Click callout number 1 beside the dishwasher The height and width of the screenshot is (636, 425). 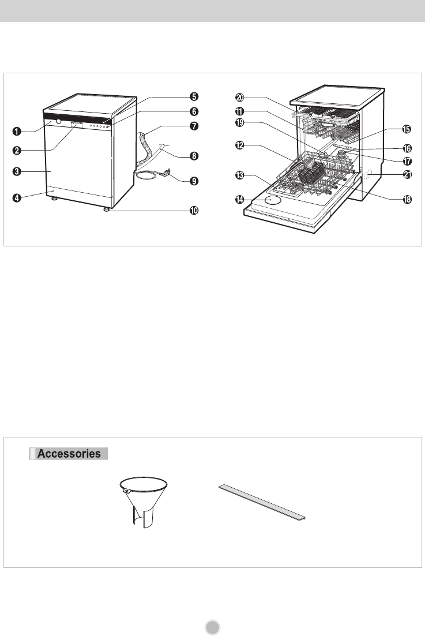pyautogui.click(x=16, y=131)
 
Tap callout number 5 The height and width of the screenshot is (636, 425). pyautogui.click(x=194, y=96)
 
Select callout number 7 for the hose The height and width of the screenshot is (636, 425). pyautogui.click(x=194, y=126)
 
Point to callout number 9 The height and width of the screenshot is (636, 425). pyautogui.click(x=194, y=181)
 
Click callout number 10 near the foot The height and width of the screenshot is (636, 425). pyautogui.click(x=194, y=211)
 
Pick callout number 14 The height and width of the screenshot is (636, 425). pyautogui.click(x=240, y=200)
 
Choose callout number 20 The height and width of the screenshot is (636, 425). pyautogui.click(x=240, y=98)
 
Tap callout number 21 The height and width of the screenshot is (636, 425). pyautogui.click(x=407, y=175)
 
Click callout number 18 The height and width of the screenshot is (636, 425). pyautogui.click(x=407, y=199)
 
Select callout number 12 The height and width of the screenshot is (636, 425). pyautogui.click(x=240, y=145)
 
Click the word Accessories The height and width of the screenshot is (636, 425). pyautogui.click(x=69, y=454)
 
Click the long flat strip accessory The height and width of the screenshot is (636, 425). pyautogui.click(x=262, y=502)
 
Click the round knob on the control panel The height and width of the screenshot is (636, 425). pyautogui.click(x=59, y=121)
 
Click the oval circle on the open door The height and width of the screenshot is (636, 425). pyautogui.click(x=273, y=200)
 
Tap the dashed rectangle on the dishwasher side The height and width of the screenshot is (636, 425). pyautogui.click(x=368, y=176)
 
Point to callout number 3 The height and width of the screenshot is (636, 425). pyautogui.click(x=16, y=171)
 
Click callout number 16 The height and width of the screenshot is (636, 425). pyautogui.click(x=407, y=149)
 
